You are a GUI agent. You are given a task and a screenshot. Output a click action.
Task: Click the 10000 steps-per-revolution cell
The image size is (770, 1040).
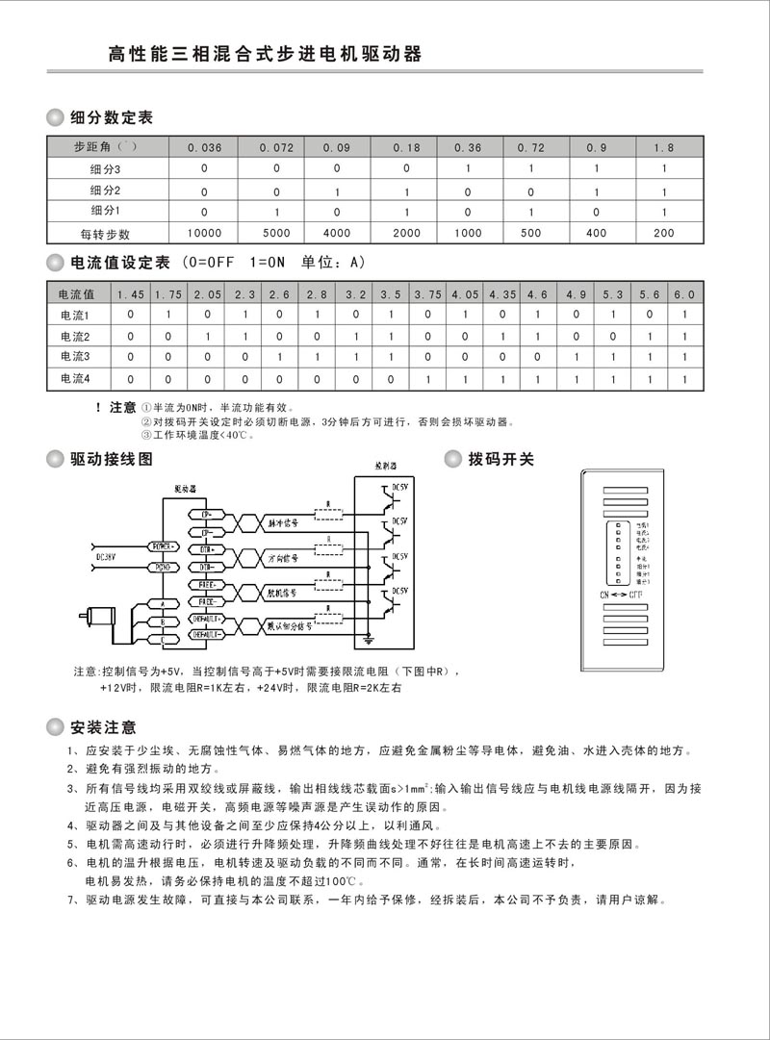click(x=204, y=233)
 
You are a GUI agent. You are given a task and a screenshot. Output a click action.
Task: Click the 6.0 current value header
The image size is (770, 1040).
click(x=683, y=293)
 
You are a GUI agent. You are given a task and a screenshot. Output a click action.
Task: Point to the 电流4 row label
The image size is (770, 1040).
click(x=75, y=379)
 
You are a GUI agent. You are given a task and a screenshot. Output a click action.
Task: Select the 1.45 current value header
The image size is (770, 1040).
click(x=131, y=293)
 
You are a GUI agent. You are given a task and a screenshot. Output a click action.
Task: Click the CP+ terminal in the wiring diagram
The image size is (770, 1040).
click(x=207, y=515)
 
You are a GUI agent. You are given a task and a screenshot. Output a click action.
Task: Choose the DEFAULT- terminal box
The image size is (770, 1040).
click(x=208, y=634)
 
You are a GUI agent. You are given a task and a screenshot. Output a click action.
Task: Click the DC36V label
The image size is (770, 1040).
click(x=107, y=556)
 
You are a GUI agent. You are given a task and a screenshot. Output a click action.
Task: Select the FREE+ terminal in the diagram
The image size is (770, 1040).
click(x=207, y=584)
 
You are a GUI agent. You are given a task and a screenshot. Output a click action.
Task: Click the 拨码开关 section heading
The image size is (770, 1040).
click(x=500, y=459)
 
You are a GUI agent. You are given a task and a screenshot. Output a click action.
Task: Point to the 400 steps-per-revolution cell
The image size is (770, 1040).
click(x=597, y=233)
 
